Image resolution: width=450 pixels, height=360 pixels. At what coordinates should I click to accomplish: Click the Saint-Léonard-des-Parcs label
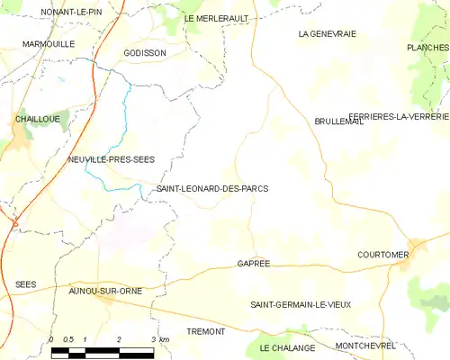(x=212, y=189)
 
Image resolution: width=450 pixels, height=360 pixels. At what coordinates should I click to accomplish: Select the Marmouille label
(x=49, y=42)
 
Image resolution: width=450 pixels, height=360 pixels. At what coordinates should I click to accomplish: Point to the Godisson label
(x=139, y=53)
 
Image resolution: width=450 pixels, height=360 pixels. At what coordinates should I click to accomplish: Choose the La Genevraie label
(x=328, y=33)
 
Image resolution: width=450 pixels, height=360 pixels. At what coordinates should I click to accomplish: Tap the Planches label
(x=427, y=48)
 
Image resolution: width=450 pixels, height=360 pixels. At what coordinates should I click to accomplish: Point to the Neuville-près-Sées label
(x=111, y=159)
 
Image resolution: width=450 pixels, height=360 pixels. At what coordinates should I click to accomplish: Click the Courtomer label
(x=382, y=255)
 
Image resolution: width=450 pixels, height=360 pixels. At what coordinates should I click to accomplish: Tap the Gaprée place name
(x=254, y=264)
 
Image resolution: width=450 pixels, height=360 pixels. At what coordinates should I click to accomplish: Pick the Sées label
(x=25, y=284)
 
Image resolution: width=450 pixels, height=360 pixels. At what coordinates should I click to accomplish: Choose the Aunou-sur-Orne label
(x=105, y=292)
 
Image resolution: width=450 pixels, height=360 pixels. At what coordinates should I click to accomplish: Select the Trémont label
(x=205, y=332)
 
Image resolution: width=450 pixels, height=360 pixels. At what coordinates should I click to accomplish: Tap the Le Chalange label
(x=287, y=347)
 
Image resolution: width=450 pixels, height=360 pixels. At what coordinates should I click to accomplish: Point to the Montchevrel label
(x=365, y=346)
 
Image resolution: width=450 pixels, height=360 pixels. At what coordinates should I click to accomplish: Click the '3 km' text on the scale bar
(x=160, y=339)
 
